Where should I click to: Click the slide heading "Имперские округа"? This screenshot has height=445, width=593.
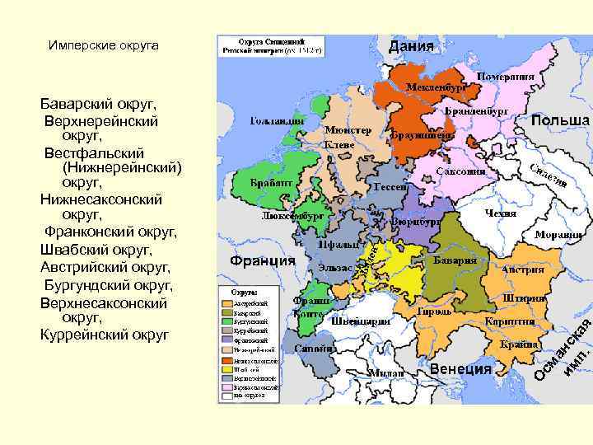point(104,45)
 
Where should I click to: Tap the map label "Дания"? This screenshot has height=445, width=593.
point(411,45)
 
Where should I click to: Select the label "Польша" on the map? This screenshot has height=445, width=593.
point(560,120)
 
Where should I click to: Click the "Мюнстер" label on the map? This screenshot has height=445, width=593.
point(348,130)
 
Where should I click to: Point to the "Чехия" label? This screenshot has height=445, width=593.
point(501,213)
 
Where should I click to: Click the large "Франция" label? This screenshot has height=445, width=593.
point(263,260)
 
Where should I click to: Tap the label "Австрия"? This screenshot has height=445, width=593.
point(523,269)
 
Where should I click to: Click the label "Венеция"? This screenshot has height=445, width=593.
point(460,369)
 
